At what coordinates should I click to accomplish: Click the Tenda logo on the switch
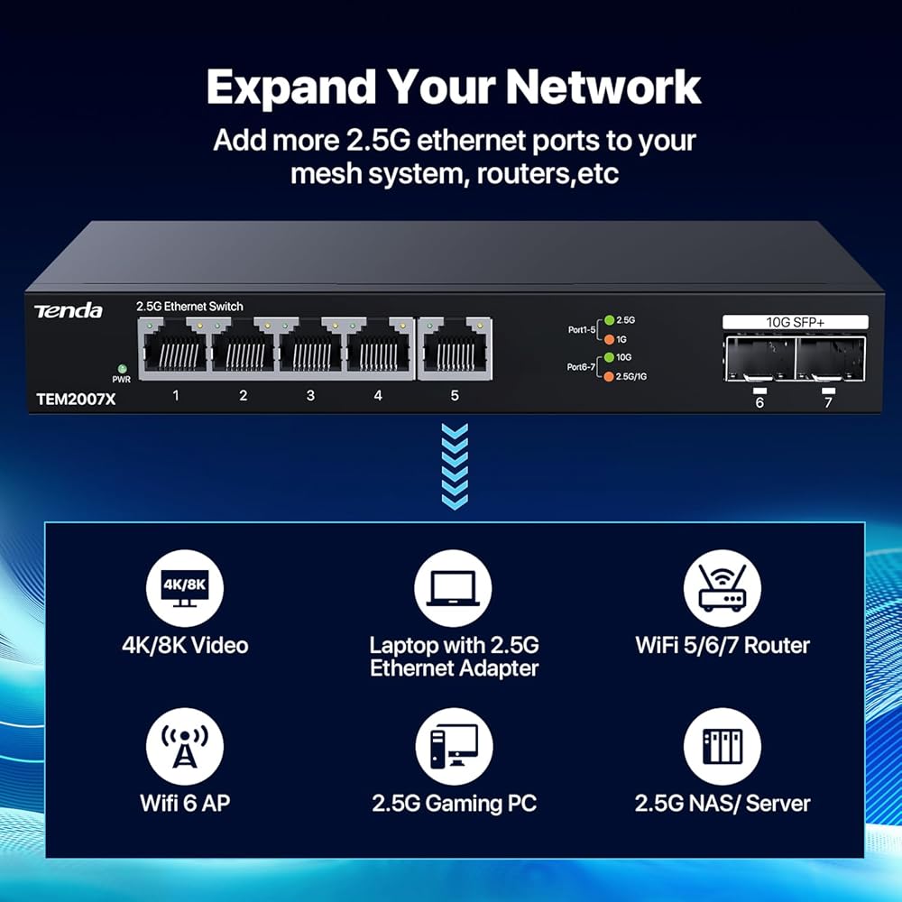pyautogui.click(x=68, y=311)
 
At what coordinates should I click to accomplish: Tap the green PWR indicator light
pyautogui.click(x=122, y=368)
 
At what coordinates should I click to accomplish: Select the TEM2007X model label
pyautogui.click(x=76, y=400)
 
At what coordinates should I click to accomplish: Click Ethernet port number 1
pyautogui.click(x=175, y=348)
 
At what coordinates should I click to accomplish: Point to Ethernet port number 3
pyautogui.click(x=310, y=348)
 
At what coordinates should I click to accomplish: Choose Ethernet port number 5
pyautogui.click(x=455, y=348)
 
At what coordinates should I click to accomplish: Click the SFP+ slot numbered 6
pyautogui.click(x=759, y=359)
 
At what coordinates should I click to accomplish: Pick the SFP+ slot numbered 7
pyautogui.click(x=830, y=359)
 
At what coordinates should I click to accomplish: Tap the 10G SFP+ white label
pyautogui.click(x=795, y=322)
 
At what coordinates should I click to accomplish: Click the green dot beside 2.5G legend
pyautogui.click(x=609, y=320)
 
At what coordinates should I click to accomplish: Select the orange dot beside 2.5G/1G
pyautogui.click(x=609, y=377)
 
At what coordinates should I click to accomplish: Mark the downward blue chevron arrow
pyautogui.click(x=455, y=466)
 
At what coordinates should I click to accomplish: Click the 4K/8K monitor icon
pyautogui.click(x=185, y=588)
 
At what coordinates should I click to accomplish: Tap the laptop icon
pyautogui.click(x=454, y=588)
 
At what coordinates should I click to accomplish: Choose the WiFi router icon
pyautogui.click(x=722, y=588)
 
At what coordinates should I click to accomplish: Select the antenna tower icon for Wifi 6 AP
pyautogui.click(x=185, y=746)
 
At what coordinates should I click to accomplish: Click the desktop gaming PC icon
pyautogui.click(x=454, y=746)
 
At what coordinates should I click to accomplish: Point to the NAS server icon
pyautogui.click(x=722, y=746)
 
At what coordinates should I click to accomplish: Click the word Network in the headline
pyautogui.click(x=603, y=87)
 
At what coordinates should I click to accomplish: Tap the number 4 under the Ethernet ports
pyautogui.click(x=378, y=395)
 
